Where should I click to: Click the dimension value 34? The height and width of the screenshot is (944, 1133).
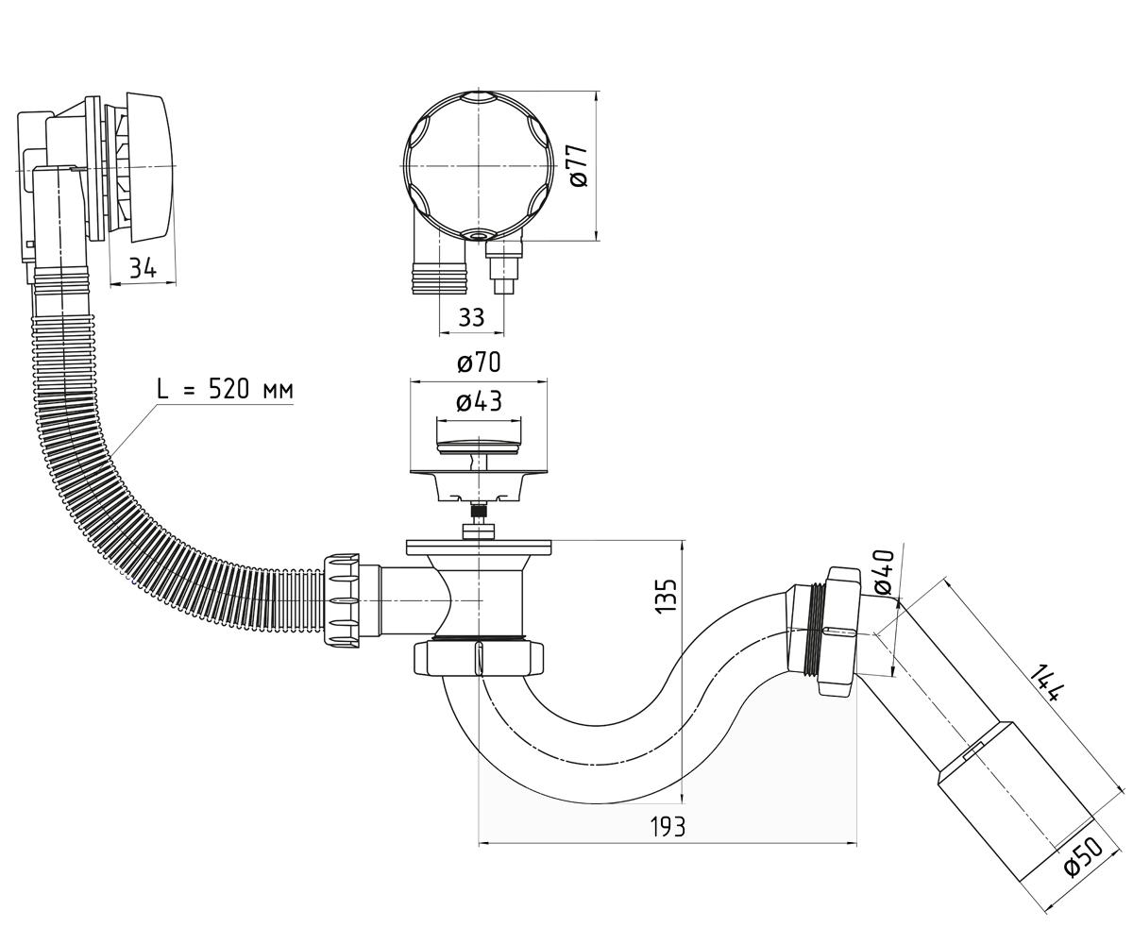pyautogui.click(x=143, y=268)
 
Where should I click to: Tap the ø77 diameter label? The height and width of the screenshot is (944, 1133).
pyautogui.click(x=579, y=165)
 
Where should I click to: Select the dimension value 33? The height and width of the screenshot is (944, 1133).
pyautogui.click(x=471, y=317)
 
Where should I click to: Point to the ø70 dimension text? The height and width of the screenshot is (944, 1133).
pyautogui.click(x=479, y=362)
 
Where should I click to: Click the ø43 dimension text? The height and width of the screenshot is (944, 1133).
pyautogui.click(x=479, y=401)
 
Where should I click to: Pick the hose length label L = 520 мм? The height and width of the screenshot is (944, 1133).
pyautogui.click(x=225, y=389)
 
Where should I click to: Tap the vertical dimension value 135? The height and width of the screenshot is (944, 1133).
pyautogui.click(x=667, y=597)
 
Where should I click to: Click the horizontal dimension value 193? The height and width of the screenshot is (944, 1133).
pyautogui.click(x=668, y=827)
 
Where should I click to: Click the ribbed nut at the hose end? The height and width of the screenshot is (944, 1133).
pyautogui.click(x=341, y=599)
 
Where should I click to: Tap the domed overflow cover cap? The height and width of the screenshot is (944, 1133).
pyautogui.click(x=151, y=167)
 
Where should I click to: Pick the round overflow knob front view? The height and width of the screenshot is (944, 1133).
pyautogui.click(x=478, y=165)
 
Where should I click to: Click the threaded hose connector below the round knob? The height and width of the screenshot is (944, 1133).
pyautogui.click(x=439, y=278)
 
